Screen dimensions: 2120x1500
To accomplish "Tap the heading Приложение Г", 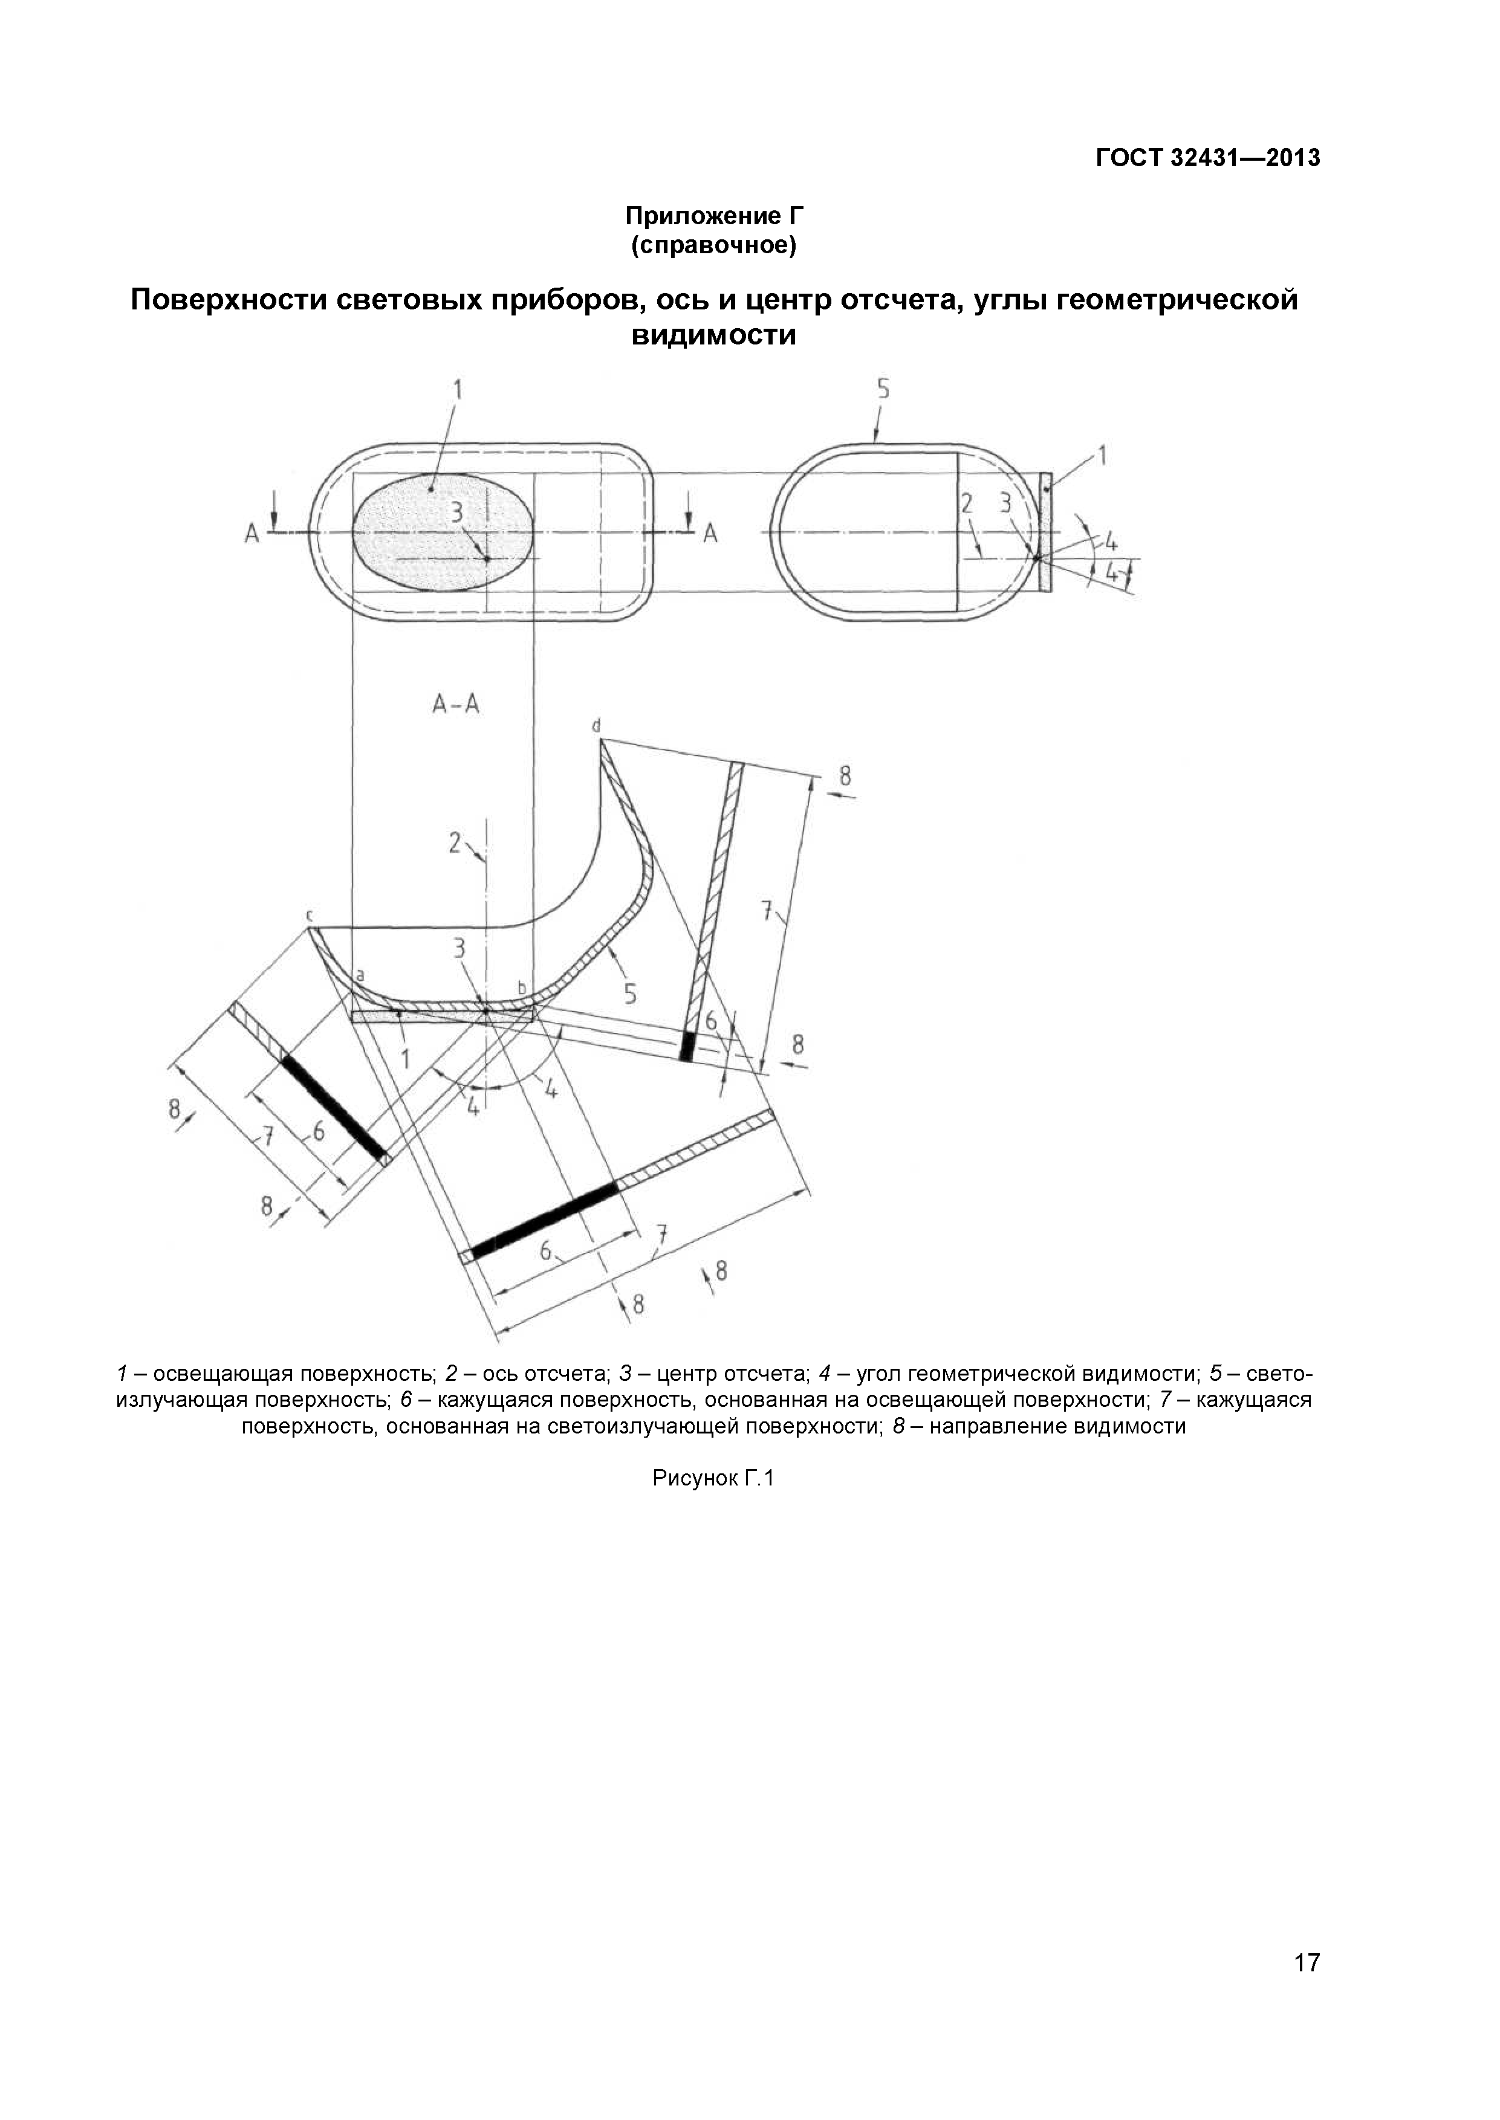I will (714, 216).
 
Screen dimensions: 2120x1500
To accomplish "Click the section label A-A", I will (456, 705).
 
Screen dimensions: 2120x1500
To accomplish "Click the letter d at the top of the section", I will (597, 726).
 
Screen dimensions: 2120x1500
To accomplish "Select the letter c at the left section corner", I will (310, 915).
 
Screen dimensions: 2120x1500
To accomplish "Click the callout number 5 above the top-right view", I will (883, 390).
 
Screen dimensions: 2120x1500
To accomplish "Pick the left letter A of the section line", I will (252, 534).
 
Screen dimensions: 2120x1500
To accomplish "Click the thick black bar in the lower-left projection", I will (334, 1108).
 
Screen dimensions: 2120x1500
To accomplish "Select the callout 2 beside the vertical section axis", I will (455, 842).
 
